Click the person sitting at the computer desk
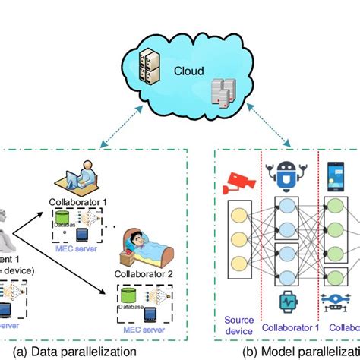pos(83,175)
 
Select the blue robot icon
pos(286,174)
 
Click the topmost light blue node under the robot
pos(286,206)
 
